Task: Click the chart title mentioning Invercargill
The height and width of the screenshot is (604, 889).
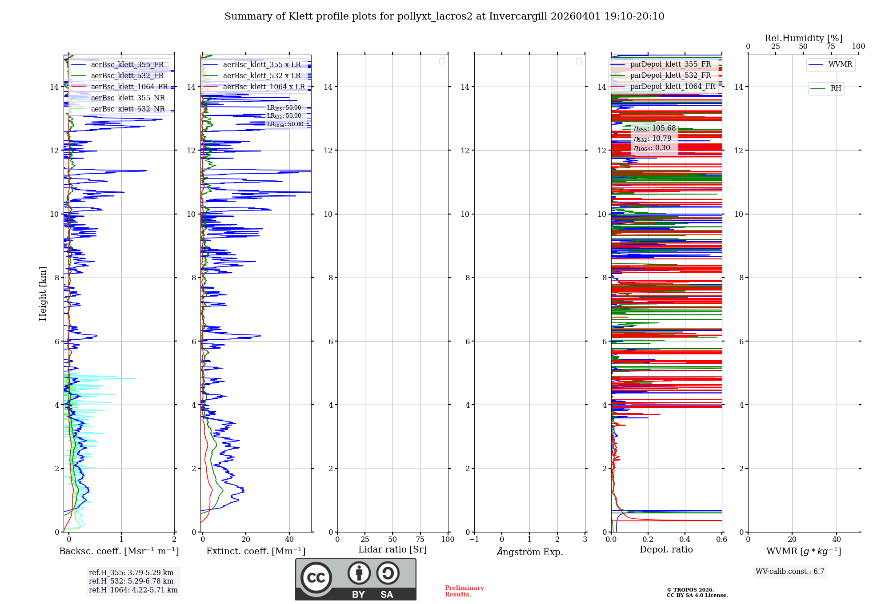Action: point(444,16)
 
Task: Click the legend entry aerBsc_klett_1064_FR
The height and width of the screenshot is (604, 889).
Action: point(129,87)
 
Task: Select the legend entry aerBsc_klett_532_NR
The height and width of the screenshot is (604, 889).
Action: point(128,109)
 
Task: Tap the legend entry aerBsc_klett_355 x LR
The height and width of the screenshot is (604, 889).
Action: point(262,65)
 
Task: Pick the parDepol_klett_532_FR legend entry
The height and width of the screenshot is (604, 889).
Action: point(670,75)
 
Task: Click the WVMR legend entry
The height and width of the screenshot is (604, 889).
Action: point(840,64)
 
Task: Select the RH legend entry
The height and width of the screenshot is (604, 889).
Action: point(835,88)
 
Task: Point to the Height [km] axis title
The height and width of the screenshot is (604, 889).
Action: point(43,294)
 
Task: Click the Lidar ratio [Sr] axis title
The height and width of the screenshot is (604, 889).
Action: point(392,549)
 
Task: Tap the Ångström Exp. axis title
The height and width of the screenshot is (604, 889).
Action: point(529,552)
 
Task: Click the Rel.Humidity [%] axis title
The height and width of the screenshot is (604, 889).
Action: point(803,38)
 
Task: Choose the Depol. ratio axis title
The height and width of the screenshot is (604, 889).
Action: point(666,549)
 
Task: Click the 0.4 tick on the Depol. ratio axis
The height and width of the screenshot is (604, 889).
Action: point(685,540)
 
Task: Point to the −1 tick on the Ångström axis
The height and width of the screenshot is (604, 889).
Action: point(474,540)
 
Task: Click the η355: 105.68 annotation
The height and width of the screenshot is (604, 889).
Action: point(655,128)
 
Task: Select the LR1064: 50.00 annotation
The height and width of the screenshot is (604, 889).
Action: point(285,124)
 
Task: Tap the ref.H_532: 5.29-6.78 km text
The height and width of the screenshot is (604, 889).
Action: point(131,581)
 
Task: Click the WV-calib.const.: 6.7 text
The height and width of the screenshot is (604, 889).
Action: point(790,572)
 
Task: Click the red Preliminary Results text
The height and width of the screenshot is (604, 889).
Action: point(464,591)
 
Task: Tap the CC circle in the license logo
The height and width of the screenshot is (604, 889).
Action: point(316,578)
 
